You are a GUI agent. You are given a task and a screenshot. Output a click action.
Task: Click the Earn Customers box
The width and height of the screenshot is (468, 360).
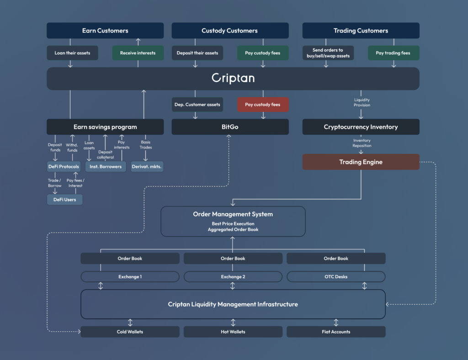pos(105,31)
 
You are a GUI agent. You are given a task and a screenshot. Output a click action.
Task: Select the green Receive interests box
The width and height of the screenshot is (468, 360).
pos(138,53)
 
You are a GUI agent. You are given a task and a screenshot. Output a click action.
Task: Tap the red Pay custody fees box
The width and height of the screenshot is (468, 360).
pos(263,105)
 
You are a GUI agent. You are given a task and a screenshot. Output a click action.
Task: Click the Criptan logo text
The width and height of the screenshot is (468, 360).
pos(233,78)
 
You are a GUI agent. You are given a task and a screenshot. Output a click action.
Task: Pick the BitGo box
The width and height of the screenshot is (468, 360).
pos(230,127)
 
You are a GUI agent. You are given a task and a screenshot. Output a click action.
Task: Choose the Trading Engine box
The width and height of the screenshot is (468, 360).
pos(361,162)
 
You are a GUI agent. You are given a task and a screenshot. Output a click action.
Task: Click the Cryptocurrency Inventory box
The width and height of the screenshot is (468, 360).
pos(361,127)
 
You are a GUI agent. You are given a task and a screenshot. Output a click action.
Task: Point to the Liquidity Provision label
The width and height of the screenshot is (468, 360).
pos(362,102)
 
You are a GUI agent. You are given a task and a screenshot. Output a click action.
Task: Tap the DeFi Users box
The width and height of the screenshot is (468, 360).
pos(65,200)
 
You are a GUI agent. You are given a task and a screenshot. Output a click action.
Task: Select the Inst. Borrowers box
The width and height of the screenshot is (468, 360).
pos(106,166)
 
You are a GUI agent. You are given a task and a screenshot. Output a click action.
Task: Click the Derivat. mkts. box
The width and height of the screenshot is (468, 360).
pos(147,166)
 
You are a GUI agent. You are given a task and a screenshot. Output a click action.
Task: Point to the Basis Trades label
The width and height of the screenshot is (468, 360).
pos(146,145)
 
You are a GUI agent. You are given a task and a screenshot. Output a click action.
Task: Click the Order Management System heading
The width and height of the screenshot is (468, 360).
pos(233,214)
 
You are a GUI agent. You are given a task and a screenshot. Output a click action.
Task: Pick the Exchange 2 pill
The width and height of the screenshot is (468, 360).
pos(233,277)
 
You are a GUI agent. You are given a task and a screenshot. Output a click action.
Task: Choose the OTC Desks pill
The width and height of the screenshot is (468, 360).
pos(336,277)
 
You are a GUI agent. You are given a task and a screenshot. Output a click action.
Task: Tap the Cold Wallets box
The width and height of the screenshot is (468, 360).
pos(130,332)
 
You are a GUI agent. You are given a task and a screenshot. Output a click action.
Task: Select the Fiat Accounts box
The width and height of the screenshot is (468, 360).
pos(336,332)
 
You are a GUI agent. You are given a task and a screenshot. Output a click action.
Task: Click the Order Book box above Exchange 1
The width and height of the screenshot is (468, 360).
pos(130,258)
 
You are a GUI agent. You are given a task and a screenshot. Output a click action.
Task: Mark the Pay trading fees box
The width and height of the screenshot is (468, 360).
pos(394,53)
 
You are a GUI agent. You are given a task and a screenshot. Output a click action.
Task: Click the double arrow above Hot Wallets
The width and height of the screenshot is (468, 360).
pos(233,323)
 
